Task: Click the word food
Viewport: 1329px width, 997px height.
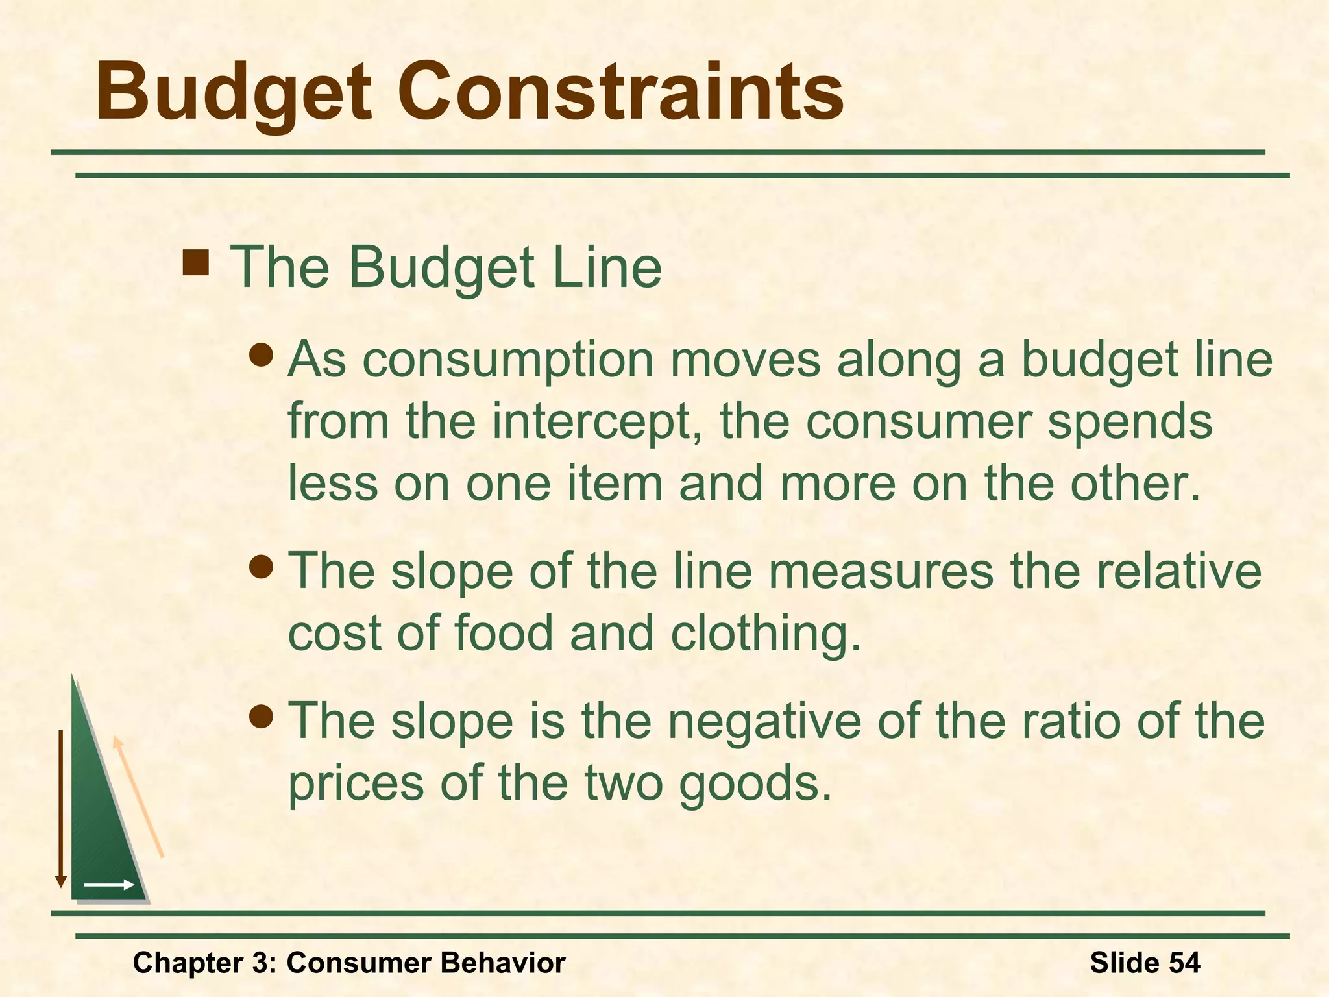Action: pyautogui.click(x=503, y=633)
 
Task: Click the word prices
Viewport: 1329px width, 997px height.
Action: pyautogui.click(x=356, y=784)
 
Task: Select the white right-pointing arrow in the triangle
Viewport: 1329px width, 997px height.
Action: pyautogui.click(x=108, y=885)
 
